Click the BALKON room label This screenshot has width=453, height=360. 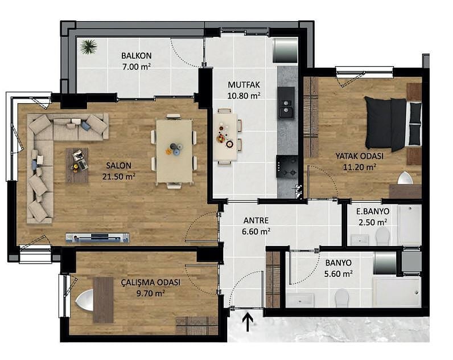(137, 55)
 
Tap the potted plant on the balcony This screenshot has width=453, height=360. (89, 47)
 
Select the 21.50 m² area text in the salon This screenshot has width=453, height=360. (119, 177)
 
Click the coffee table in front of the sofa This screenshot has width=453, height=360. (77, 165)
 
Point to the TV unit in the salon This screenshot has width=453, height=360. (97, 238)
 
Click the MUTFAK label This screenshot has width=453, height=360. (244, 85)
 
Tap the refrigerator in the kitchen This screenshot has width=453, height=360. (286, 50)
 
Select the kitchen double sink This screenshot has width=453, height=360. (286, 107)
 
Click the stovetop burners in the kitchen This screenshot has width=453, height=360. (287, 167)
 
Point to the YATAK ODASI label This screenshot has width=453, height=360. (360, 156)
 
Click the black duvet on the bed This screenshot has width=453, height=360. (385, 124)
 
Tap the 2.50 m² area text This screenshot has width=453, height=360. (373, 222)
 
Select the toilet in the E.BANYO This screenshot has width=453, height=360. (382, 236)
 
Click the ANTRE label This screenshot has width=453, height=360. (256, 220)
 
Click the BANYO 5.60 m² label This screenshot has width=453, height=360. (338, 268)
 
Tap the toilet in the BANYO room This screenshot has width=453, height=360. (342, 298)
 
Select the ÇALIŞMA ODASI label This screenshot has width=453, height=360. (150, 283)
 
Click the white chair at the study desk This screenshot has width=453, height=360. (84, 300)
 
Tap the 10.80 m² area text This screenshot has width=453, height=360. (244, 96)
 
